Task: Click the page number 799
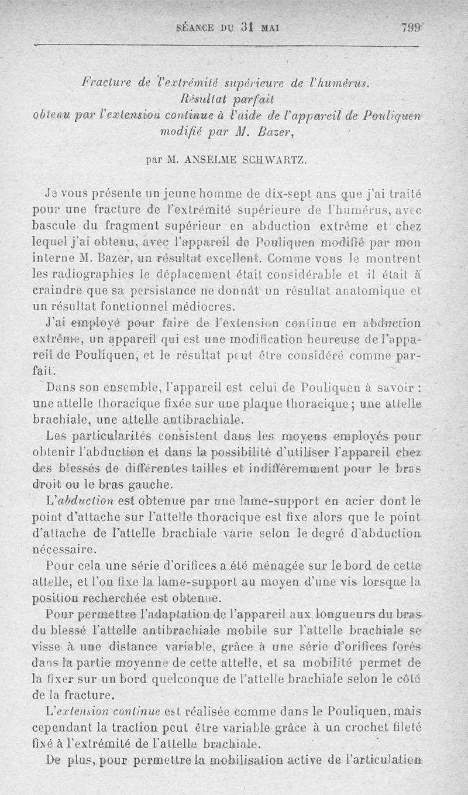(412, 28)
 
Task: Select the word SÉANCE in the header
(196, 28)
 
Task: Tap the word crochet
(357, 728)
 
